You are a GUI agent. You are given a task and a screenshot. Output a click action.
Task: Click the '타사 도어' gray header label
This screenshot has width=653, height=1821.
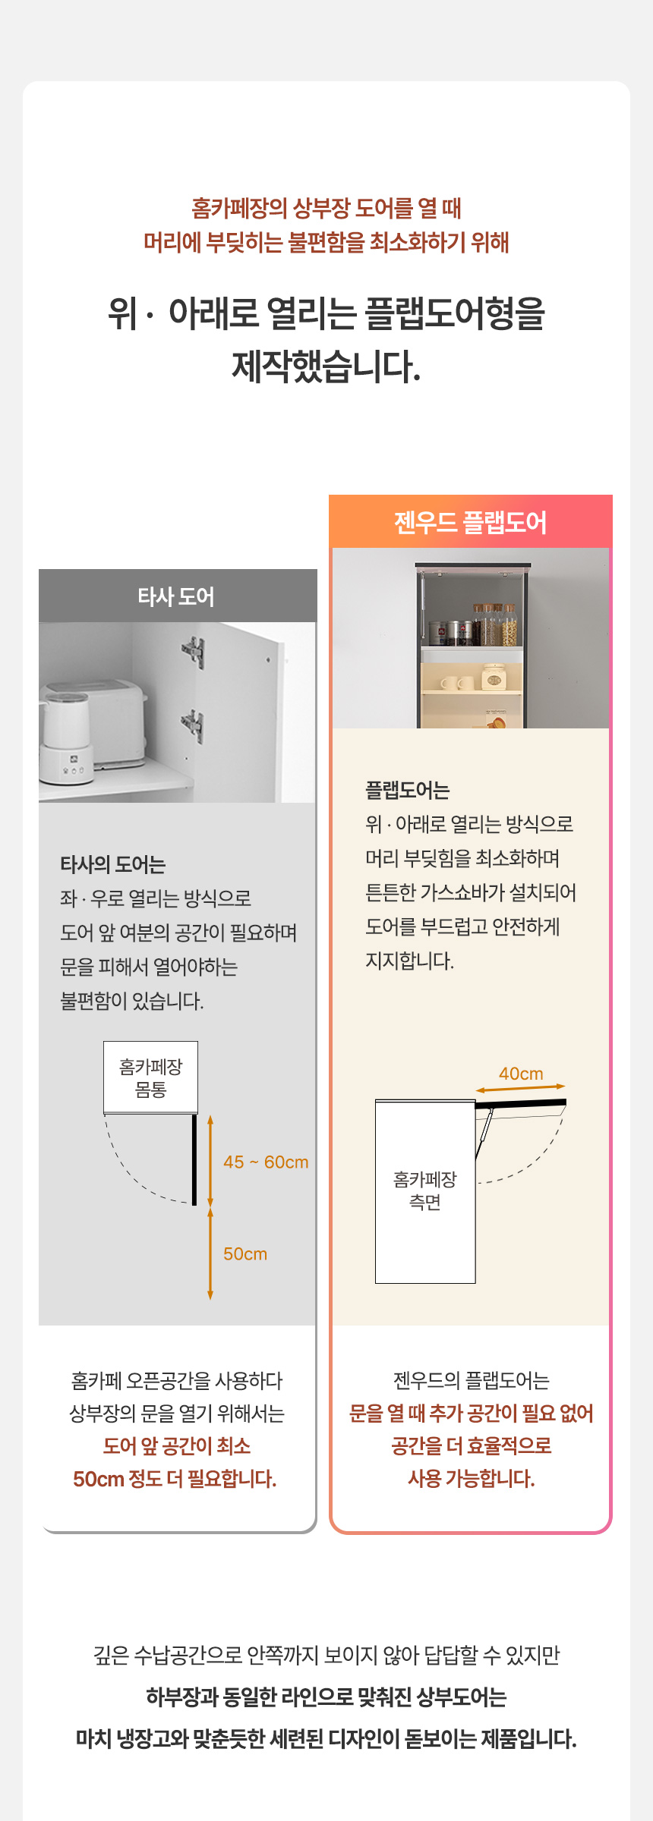pyautogui.click(x=176, y=597)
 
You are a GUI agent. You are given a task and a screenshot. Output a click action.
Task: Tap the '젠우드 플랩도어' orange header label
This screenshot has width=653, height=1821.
pyautogui.click(x=470, y=523)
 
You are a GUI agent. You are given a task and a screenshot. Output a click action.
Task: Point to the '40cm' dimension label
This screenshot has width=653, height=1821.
pyautogui.click(x=521, y=1074)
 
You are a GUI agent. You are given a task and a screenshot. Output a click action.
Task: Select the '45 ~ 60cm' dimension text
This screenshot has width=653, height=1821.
pyautogui.click(x=266, y=1162)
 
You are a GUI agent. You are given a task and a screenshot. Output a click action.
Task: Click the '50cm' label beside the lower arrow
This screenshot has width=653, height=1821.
pyautogui.click(x=245, y=1253)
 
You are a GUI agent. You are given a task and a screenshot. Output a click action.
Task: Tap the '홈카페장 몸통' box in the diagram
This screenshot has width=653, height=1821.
pyautogui.click(x=150, y=1077)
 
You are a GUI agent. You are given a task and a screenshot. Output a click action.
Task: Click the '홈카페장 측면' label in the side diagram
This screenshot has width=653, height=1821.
pyautogui.click(x=425, y=1190)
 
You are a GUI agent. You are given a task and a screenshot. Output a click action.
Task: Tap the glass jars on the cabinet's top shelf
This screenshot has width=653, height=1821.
pyautogui.click(x=495, y=624)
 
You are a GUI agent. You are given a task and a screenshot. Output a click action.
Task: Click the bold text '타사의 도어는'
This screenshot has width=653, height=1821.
pyautogui.click(x=113, y=864)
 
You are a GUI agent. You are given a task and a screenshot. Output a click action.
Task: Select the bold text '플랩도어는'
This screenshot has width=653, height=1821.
pyautogui.click(x=408, y=790)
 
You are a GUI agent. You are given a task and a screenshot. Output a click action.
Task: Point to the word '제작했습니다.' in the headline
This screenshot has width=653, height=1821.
pyautogui.click(x=326, y=366)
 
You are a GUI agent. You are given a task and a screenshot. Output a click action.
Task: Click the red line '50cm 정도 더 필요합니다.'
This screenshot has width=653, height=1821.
pyautogui.click(x=175, y=1478)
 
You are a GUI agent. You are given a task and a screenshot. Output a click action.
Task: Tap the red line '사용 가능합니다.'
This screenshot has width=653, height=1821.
pyautogui.click(x=472, y=1478)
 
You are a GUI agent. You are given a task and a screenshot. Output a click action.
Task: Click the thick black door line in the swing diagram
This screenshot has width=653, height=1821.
pyautogui.click(x=194, y=1159)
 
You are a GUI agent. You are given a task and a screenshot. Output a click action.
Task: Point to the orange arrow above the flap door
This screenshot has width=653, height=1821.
pyautogui.click(x=520, y=1088)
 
